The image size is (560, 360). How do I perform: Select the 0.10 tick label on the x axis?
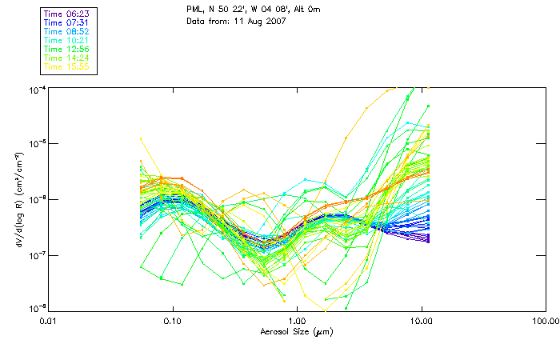coord(173,322)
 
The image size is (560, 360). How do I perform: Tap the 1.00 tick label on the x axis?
coord(297,322)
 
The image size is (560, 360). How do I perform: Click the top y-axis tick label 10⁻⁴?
coord(38,89)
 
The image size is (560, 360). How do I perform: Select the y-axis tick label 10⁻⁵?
coord(38,144)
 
